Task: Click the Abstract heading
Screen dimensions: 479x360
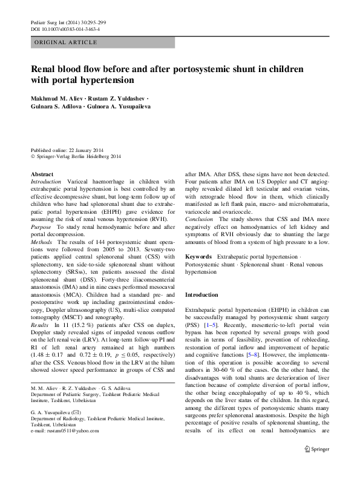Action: click(x=42, y=174)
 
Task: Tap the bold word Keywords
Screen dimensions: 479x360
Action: click(x=198, y=258)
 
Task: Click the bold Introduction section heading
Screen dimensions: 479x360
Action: click(x=201, y=295)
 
